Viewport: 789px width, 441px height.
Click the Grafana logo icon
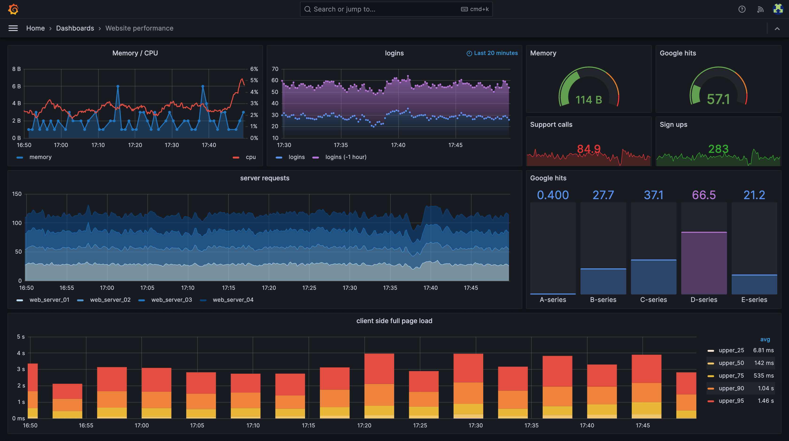pos(13,9)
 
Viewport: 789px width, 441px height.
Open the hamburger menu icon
pos(13,28)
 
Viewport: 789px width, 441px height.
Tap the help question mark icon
pos(742,9)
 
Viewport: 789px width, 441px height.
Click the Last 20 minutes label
pos(495,53)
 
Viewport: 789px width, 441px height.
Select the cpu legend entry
pos(250,157)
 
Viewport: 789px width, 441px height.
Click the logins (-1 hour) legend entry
pos(345,157)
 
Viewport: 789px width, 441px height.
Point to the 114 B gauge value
pos(588,100)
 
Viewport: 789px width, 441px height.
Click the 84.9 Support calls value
pos(588,149)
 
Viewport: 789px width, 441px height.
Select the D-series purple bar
pos(704,263)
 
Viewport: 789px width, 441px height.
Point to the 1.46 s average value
pos(766,401)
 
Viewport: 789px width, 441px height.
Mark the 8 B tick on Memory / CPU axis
pos(16,69)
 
